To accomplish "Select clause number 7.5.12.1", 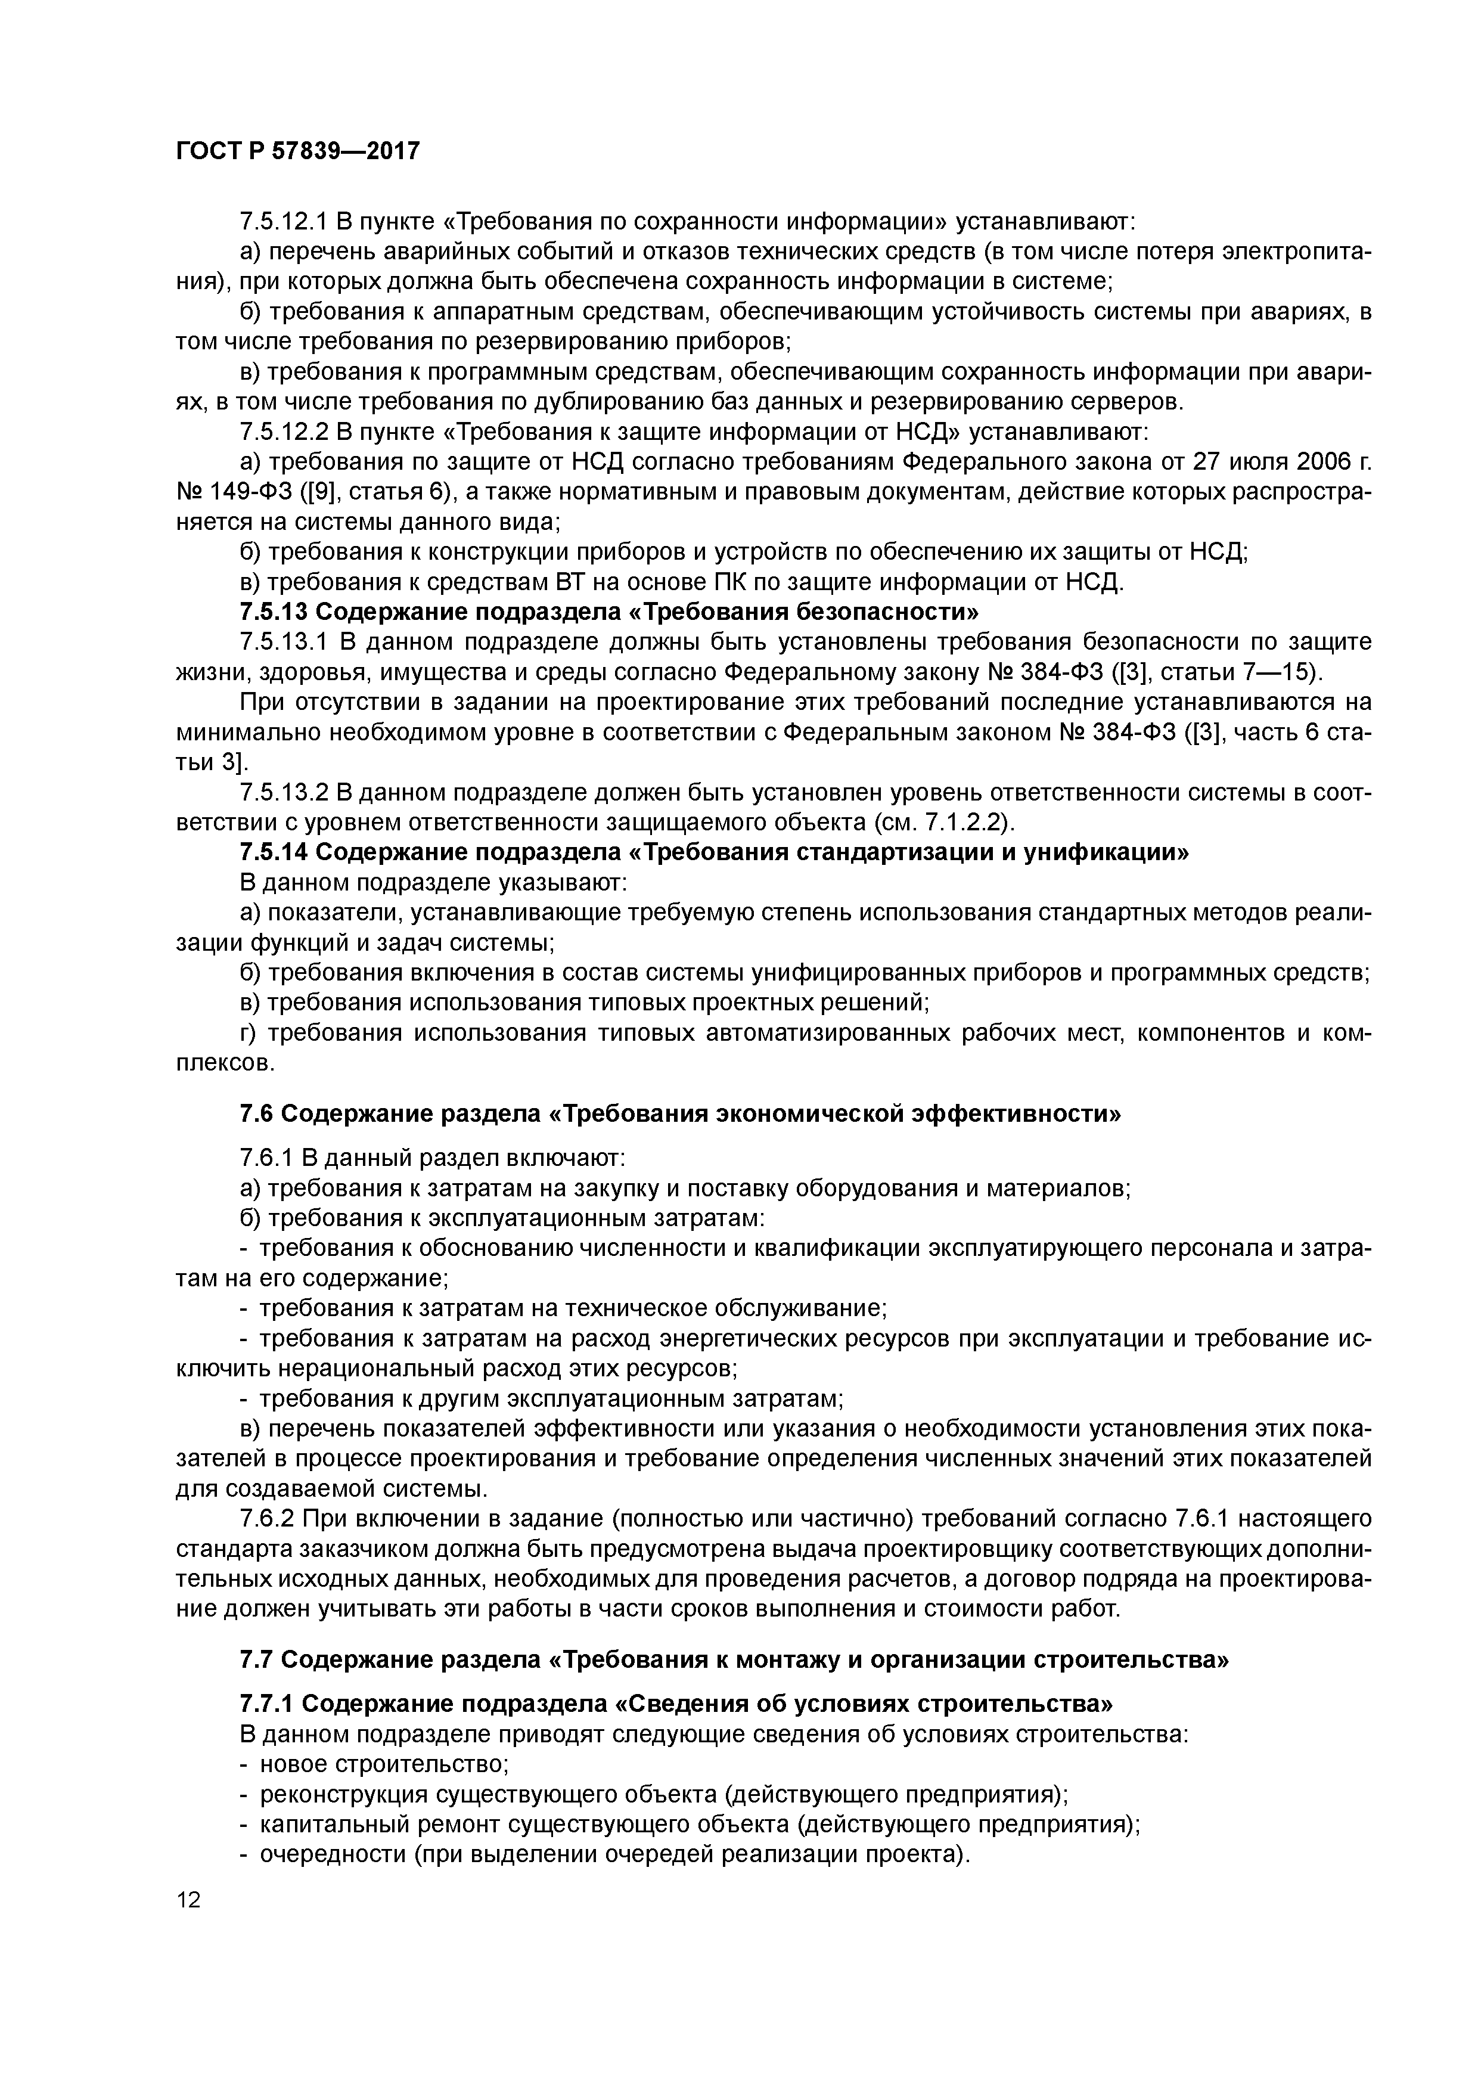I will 284,221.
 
